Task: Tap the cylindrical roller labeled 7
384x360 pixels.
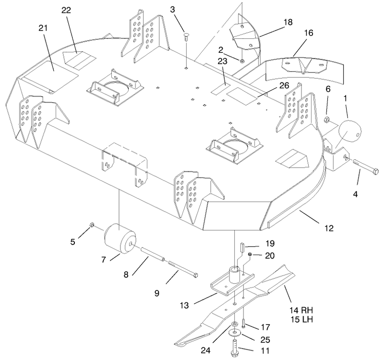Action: [120, 239]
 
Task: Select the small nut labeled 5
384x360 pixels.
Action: [91, 224]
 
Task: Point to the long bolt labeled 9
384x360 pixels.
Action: [183, 269]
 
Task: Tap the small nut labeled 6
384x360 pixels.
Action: [326, 120]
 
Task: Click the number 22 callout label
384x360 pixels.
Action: [66, 10]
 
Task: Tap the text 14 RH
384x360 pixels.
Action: [301, 310]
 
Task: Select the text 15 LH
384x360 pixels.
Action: [302, 320]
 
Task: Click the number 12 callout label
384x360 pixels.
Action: [329, 228]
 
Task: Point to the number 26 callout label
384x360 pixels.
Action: [284, 85]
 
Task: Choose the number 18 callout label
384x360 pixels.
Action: [288, 22]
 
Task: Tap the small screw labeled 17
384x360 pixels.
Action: [243, 323]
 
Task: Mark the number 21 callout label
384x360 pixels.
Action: [43, 28]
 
